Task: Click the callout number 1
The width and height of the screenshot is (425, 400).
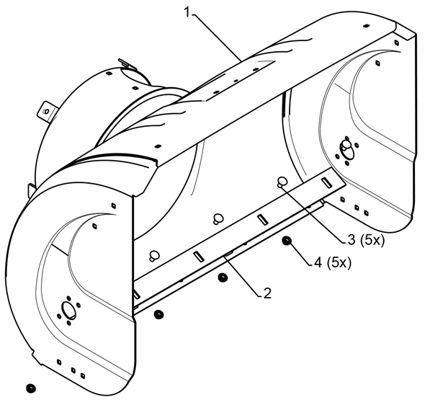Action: (x=187, y=12)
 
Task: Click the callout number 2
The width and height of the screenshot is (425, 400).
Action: (x=267, y=293)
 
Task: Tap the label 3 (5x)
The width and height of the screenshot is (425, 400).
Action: (x=366, y=240)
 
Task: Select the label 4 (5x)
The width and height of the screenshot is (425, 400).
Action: (x=333, y=262)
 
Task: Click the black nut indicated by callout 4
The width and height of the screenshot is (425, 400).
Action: (x=287, y=241)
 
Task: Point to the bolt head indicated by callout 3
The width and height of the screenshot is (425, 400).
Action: (x=282, y=182)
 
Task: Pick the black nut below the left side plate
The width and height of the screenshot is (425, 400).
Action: (x=31, y=388)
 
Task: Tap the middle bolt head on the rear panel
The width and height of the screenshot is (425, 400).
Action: (x=218, y=218)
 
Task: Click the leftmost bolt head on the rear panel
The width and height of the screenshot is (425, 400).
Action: (x=154, y=256)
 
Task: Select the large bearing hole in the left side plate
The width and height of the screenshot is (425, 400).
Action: (x=68, y=310)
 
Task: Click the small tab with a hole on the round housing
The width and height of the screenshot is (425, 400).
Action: (x=47, y=111)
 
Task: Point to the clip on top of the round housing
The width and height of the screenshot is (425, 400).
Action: (x=125, y=63)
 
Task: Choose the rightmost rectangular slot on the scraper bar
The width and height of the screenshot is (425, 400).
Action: (x=326, y=182)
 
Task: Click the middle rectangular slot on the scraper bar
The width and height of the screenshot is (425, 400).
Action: (x=263, y=219)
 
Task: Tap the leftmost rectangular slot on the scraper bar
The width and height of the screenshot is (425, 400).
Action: (x=199, y=257)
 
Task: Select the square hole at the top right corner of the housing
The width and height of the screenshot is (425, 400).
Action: (x=397, y=43)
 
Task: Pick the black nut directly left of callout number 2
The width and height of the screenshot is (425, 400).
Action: (x=223, y=277)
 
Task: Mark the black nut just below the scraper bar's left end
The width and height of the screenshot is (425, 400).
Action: (x=158, y=314)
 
